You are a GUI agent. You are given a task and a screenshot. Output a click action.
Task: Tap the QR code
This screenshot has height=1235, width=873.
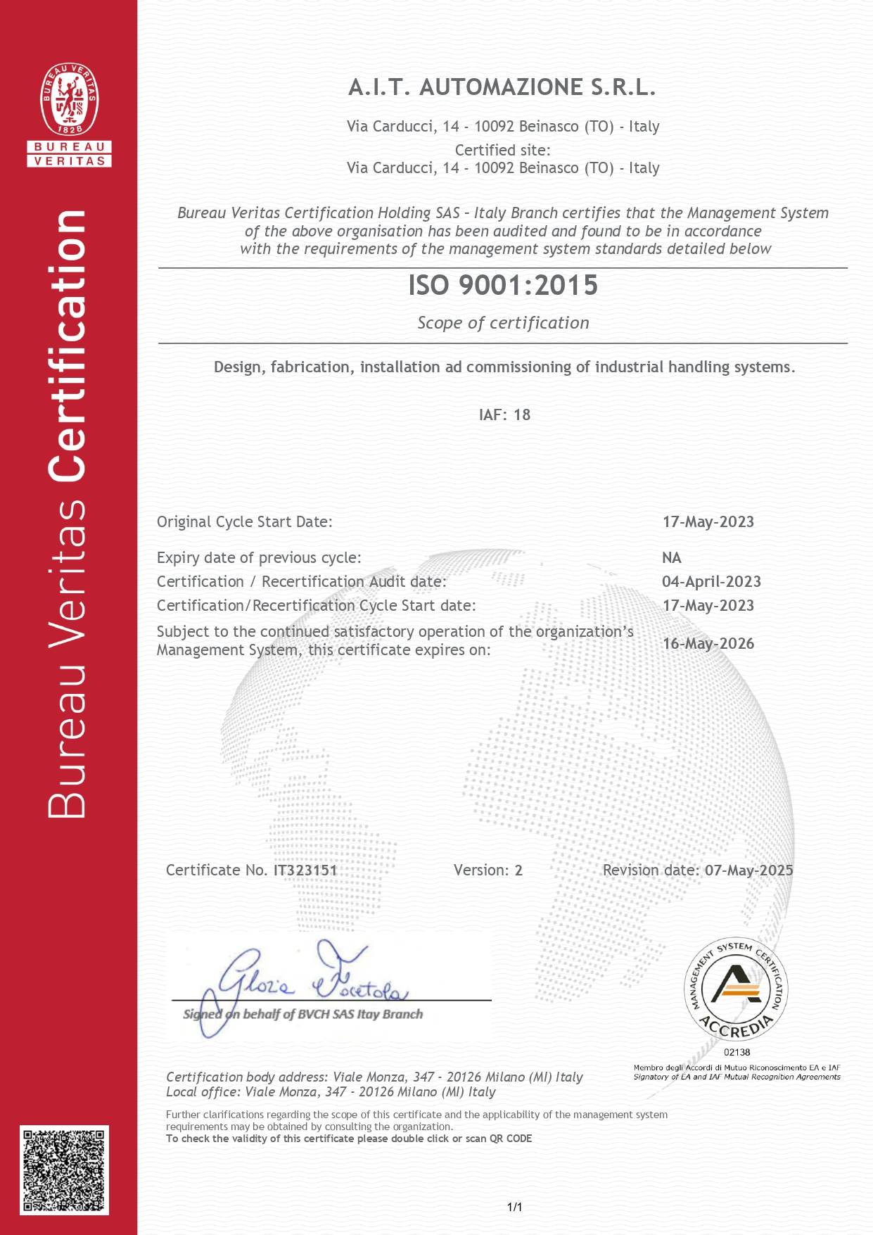tap(64, 1170)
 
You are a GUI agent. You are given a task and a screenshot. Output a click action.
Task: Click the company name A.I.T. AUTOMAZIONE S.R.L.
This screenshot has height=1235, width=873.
tap(502, 87)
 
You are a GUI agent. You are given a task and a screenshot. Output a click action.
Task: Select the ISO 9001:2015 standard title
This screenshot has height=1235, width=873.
tap(503, 285)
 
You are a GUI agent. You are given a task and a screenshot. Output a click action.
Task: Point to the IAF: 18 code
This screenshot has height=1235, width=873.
tap(504, 414)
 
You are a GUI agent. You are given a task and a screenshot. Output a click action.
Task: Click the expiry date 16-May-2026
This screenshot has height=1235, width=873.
tap(708, 643)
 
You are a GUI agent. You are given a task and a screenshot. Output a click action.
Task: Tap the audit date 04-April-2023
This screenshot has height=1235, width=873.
tap(711, 581)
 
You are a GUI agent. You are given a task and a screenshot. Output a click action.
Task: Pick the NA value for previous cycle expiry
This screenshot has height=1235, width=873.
tap(671, 557)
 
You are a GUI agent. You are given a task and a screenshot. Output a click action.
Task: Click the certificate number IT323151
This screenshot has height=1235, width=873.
tap(305, 870)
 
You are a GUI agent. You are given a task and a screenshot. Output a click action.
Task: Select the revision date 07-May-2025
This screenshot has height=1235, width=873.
tap(748, 870)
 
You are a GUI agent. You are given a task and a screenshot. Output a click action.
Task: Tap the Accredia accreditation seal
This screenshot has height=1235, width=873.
tap(736, 989)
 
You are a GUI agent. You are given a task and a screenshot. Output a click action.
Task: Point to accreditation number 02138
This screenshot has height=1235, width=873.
tap(737, 1052)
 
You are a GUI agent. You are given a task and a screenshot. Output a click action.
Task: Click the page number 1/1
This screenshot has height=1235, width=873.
tap(514, 1207)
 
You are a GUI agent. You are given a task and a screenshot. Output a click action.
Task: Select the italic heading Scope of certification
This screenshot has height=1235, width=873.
tap(503, 323)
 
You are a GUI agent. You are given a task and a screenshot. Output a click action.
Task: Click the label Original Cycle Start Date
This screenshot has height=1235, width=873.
tap(244, 521)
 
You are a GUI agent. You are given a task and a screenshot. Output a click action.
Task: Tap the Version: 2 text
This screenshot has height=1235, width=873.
tap(488, 870)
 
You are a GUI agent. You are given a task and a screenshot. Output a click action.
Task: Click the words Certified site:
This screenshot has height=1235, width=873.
tap(502, 150)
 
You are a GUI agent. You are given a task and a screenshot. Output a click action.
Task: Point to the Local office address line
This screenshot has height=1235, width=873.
tap(331, 1091)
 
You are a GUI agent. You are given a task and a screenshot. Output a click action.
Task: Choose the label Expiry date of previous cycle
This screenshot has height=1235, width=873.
tap(259, 557)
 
